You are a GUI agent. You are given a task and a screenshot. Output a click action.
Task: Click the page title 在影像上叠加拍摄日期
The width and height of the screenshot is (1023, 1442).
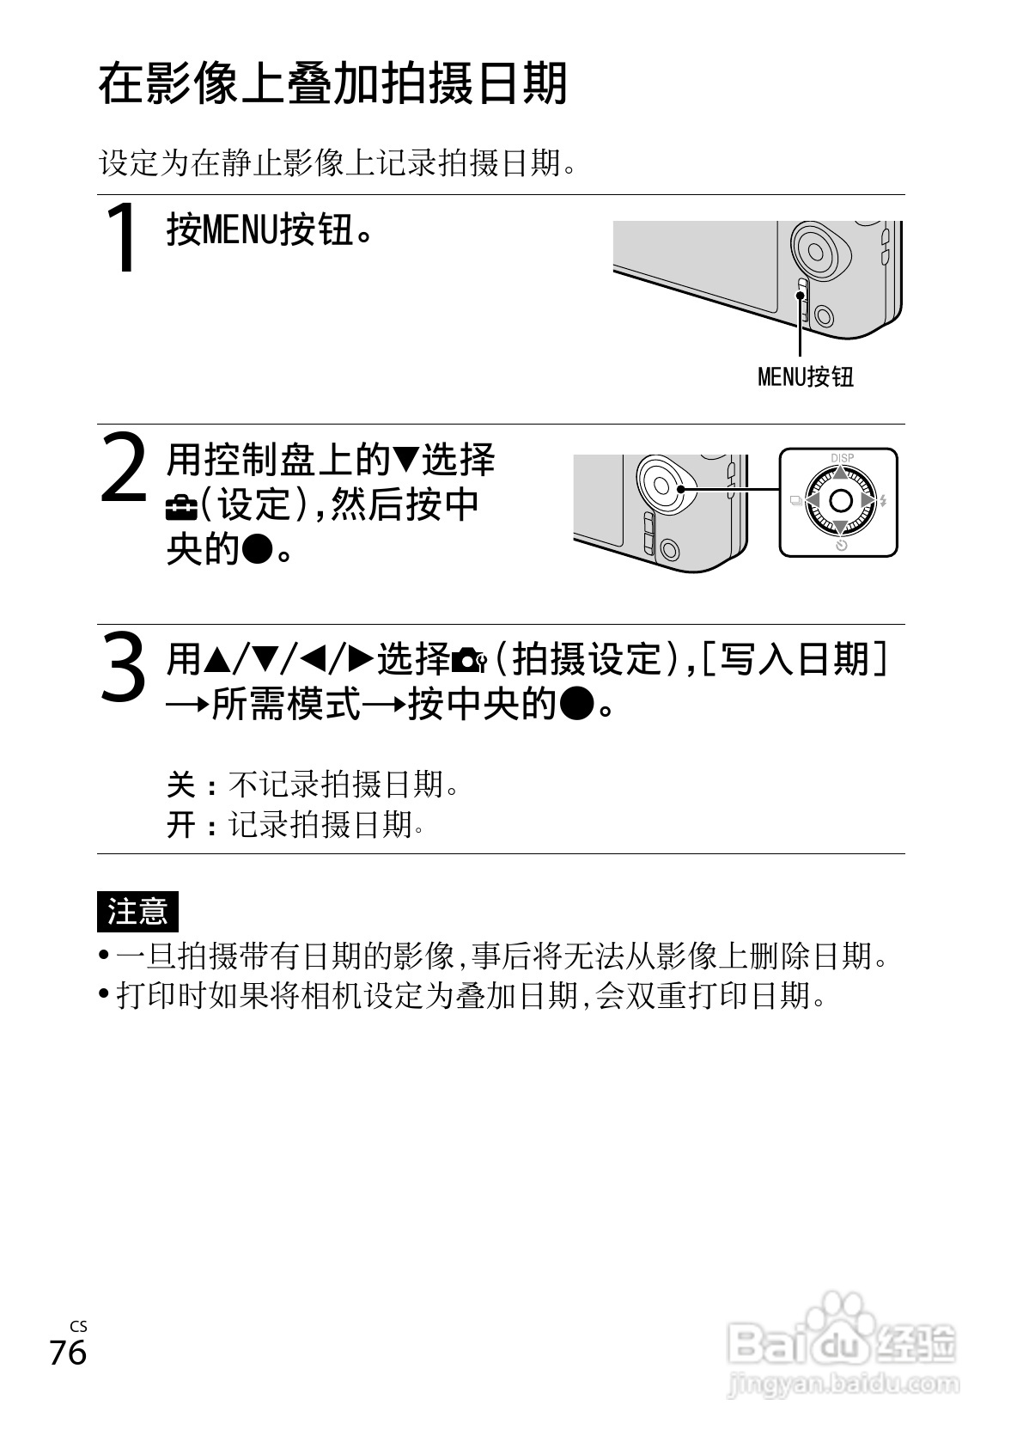pyautogui.click(x=332, y=83)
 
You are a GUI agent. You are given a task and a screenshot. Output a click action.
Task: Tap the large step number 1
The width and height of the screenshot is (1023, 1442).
pyautogui.click(x=122, y=237)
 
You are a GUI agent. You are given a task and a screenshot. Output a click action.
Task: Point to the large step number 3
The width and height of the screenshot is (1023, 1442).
pyautogui.click(x=125, y=667)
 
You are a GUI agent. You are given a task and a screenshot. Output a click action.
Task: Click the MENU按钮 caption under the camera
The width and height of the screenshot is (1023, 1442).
pyautogui.click(x=806, y=376)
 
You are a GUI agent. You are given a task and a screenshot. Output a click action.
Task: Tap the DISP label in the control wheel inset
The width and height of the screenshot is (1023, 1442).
pyautogui.click(x=842, y=458)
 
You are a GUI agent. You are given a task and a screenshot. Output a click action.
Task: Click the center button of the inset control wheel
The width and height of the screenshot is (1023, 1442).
pyautogui.click(x=840, y=500)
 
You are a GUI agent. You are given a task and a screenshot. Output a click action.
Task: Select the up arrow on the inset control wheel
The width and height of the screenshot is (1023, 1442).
pyautogui.click(x=840, y=473)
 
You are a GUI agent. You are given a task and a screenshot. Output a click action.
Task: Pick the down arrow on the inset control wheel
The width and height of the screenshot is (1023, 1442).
pyautogui.click(x=840, y=528)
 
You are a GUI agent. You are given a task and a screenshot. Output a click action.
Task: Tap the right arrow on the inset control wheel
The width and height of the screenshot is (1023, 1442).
pyautogui.click(x=868, y=500)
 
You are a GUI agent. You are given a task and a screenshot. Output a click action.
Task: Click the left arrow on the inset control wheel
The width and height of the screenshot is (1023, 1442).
pyautogui.click(x=813, y=500)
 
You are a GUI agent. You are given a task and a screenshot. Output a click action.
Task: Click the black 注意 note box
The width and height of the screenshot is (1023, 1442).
pyautogui.click(x=137, y=912)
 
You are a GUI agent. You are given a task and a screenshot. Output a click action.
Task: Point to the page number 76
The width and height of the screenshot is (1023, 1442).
pyautogui.click(x=68, y=1352)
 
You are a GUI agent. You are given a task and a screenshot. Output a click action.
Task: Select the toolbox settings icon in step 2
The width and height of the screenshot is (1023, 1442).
pyautogui.click(x=182, y=510)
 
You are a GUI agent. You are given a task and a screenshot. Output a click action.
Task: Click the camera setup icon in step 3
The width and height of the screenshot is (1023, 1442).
pyautogui.click(x=470, y=661)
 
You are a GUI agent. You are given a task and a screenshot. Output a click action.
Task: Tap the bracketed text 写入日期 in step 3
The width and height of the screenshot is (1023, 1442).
pyautogui.click(x=795, y=659)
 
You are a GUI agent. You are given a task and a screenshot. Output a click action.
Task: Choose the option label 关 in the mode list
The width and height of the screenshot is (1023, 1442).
pyautogui.click(x=180, y=785)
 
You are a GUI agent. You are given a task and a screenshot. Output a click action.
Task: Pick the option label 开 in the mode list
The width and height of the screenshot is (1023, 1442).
pyautogui.click(x=180, y=825)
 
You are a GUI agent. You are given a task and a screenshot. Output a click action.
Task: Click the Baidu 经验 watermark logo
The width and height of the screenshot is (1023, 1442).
pyautogui.click(x=843, y=1347)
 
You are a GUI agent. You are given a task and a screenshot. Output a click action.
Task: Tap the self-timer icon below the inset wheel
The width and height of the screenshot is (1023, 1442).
pyautogui.click(x=842, y=545)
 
